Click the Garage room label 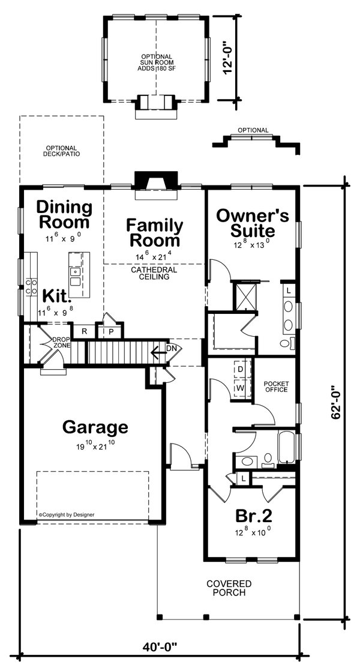(x=95, y=427)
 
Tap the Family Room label (x=154, y=233)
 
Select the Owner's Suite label (x=252, y=223)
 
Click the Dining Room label (x=64, y=215)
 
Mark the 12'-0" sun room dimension (x=227, y=58)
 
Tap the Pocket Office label (x=275, y=387)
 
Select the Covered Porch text (x=229, y=588)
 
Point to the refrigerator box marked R (x=84, y=331)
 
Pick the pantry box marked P (x=112, y=331)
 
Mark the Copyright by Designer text (x=67, y=514)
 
